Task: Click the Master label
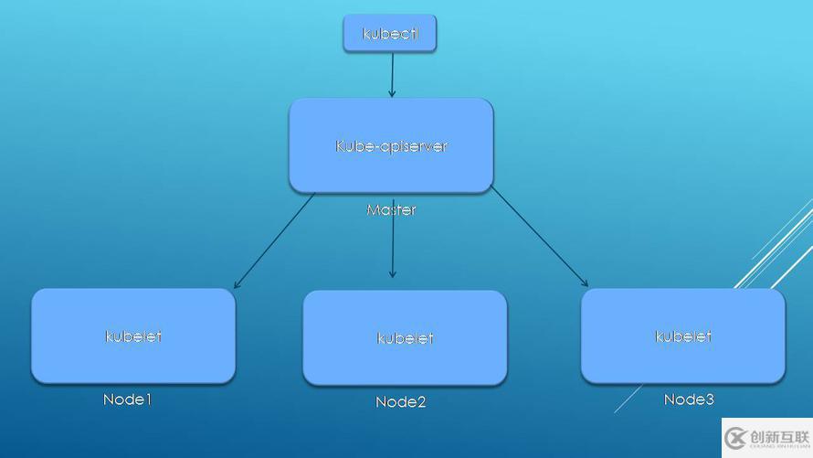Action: [391, 210]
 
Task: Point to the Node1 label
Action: [127, 399]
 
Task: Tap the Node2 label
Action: [400, 402]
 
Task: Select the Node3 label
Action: [689, 399]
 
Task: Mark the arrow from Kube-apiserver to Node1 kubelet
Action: [274, 240]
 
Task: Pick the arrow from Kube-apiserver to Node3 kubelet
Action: [539, 237]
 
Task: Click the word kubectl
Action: [389, 35]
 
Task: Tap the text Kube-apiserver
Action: [391, 146]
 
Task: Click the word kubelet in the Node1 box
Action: [133, 336]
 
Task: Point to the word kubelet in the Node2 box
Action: [405, 338]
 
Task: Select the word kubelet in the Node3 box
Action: [682, 336]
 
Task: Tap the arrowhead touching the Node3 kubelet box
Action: [585, 283]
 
